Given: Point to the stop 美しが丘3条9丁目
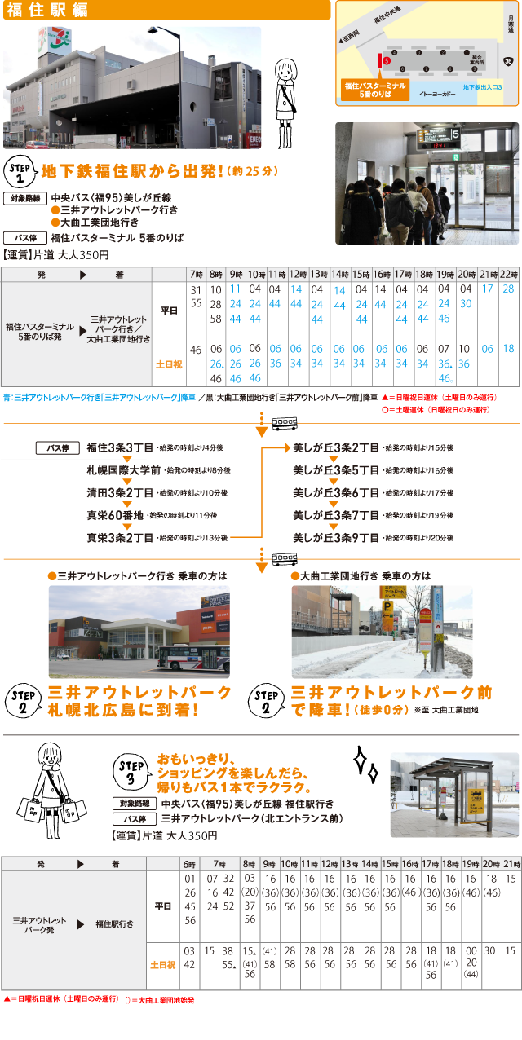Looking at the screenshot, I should click(336, 537).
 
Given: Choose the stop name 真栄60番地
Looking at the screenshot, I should click(115, 515).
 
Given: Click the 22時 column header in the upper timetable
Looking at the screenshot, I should click(508, 275).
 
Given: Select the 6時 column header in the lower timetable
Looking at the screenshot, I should click(189, 863).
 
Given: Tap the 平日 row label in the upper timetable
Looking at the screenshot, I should click(169, 311).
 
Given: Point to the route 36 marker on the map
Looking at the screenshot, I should click(509, 61).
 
